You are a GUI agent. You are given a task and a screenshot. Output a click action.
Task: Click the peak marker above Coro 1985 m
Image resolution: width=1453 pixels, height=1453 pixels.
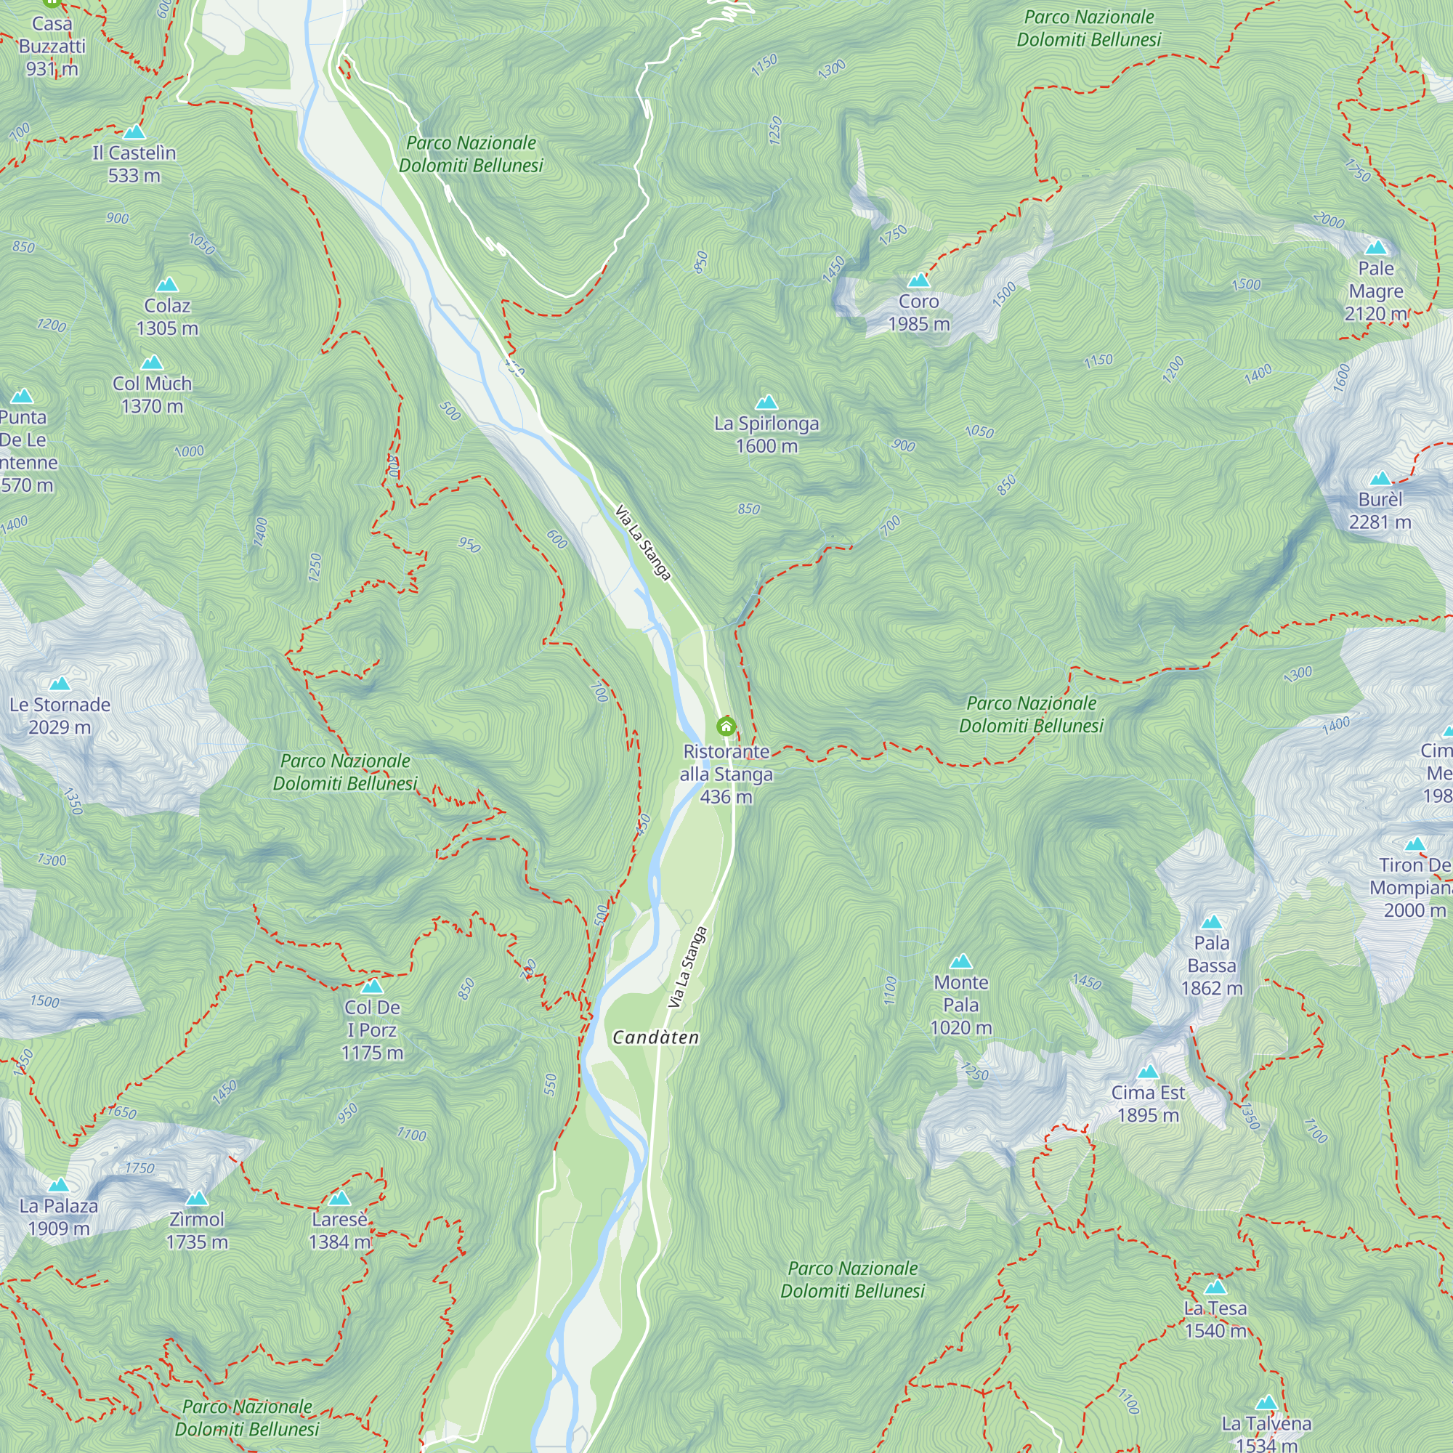pos(918,281)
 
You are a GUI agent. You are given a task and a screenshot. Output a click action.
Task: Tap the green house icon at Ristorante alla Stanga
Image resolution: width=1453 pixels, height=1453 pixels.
pos(726,726)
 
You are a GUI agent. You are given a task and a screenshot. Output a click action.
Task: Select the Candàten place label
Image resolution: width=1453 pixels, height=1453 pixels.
pos(656,1038)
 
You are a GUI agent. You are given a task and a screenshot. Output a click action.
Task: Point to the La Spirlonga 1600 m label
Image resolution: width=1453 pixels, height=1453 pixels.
pos(766,434)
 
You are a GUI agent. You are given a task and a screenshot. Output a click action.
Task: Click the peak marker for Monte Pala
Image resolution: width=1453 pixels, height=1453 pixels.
pos(961,961)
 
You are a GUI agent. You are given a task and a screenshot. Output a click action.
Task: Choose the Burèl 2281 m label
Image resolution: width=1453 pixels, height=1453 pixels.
pos(1380,511)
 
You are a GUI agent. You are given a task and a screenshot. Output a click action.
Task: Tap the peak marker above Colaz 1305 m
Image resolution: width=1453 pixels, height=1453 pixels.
pos(167,285)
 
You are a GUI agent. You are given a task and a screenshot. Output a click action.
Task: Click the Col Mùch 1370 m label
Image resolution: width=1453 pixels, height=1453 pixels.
pos(152,394)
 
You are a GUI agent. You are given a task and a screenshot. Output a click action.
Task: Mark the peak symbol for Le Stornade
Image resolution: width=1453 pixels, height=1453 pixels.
pos(60,684)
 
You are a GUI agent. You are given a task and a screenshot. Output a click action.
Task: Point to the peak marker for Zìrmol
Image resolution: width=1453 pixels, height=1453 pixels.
pos(196,1198)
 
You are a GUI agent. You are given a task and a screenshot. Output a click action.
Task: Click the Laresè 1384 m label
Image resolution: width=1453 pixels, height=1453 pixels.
pos(339,1231)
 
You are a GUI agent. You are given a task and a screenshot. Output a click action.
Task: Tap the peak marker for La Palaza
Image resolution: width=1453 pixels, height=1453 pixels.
pos(59,1185)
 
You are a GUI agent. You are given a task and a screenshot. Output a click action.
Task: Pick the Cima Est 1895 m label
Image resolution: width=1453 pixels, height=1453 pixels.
pos(1148,1104)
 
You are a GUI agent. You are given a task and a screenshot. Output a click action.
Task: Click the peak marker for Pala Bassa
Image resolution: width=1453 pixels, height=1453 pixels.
pos(1212,922)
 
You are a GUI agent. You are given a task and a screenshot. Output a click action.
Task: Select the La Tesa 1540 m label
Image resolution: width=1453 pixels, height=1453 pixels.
pos(1215,1319)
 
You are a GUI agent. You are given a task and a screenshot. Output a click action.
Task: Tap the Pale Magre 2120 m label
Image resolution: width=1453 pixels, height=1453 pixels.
pos(1375,291)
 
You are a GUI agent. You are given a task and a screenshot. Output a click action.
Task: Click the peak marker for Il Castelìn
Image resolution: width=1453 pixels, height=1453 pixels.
pos(134,132)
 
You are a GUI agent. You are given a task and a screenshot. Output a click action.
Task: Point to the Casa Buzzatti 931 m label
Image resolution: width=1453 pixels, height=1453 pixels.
pos(52,46)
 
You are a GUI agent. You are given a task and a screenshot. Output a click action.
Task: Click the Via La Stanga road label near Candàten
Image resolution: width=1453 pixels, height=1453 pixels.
pos(688,967)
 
